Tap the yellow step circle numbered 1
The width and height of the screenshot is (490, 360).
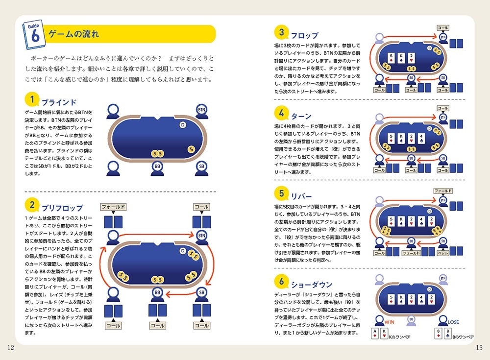32,100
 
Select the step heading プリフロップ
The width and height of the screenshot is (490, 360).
62,208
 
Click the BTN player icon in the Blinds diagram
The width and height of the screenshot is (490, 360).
201,109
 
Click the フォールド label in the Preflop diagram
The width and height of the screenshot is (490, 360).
114,207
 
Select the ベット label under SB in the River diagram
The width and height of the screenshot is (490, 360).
442,253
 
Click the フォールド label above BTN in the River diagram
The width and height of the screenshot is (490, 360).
442,191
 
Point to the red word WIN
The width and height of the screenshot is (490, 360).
390,322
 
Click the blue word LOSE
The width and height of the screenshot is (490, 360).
453,322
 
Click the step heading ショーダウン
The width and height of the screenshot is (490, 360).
311,285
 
